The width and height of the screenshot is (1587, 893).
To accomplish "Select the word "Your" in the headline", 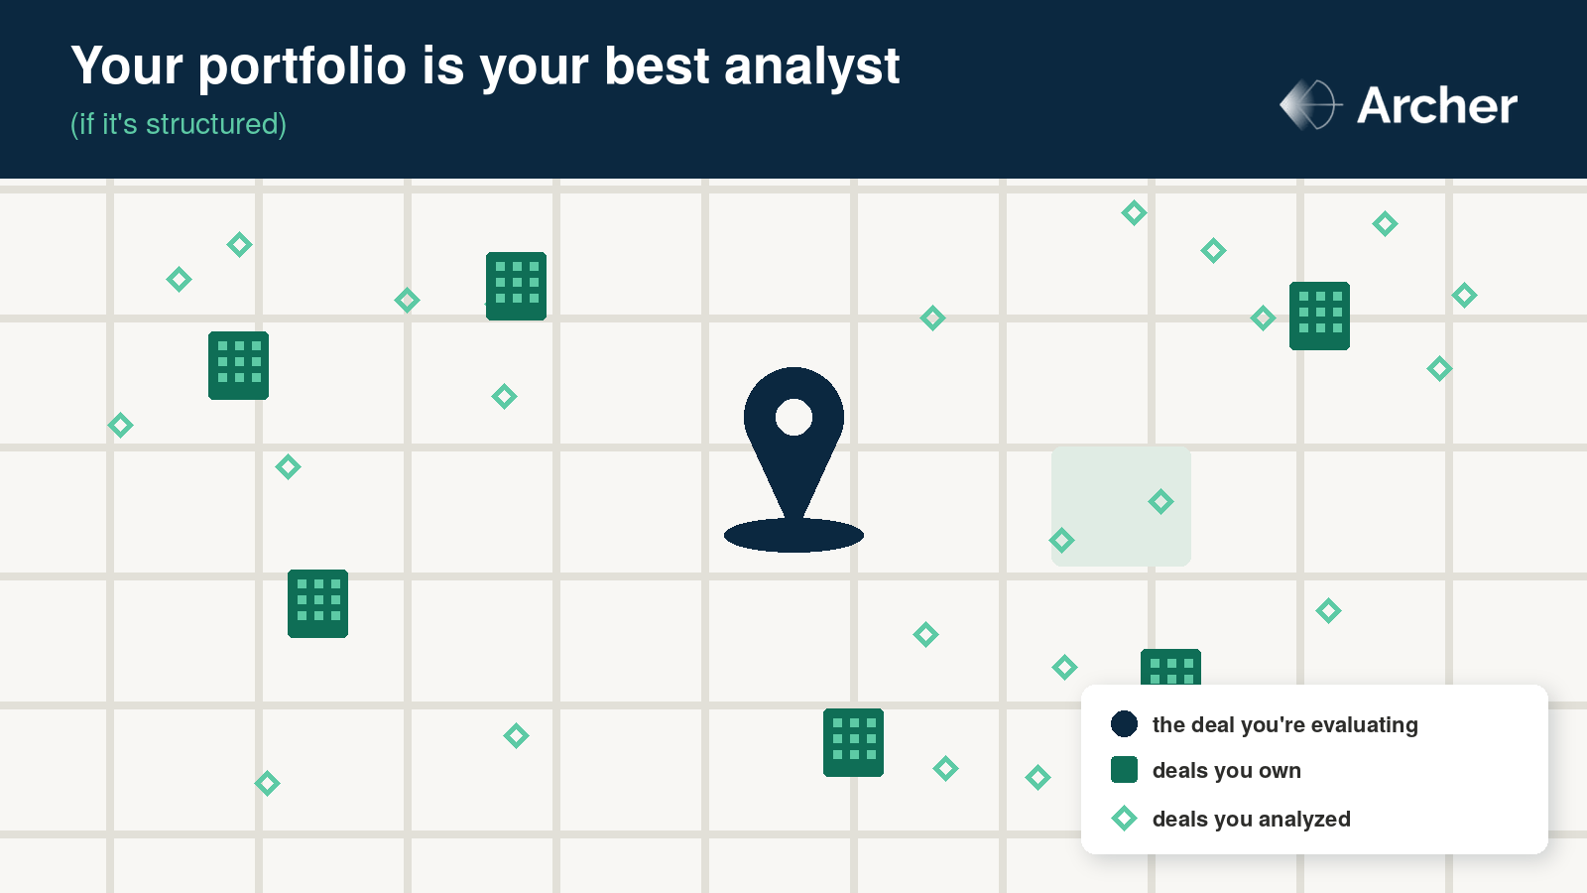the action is click(x=127, y=65).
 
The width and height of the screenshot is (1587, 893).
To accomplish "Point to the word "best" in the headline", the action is click(x=657, y=65).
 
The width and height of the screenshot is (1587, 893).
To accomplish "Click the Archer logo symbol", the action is click(x=1310, y=105).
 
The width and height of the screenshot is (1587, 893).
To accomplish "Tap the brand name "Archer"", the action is click(x=1437, y=105).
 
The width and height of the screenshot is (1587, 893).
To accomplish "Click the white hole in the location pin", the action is click(x=793, y=417).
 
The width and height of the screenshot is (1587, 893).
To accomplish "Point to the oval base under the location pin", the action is click(x=793, y=535).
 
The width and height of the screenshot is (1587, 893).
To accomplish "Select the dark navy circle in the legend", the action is click(x=1124, y=723).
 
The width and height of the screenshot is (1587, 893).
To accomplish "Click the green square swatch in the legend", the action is click(x=1124, y=770).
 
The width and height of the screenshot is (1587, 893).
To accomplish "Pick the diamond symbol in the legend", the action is click(x=1124, y=818).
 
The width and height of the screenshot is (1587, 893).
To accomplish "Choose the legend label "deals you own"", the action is click(x=1226, y=770).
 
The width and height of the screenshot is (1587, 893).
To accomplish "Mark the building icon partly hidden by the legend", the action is click(x=1170, y=667).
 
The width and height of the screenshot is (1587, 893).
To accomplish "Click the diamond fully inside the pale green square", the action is click(x=1160, y=502).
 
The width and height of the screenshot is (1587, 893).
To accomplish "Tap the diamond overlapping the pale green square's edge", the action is click(x=1061, y=540).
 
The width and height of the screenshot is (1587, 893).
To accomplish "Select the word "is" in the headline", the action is click(x=442, y=65).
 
